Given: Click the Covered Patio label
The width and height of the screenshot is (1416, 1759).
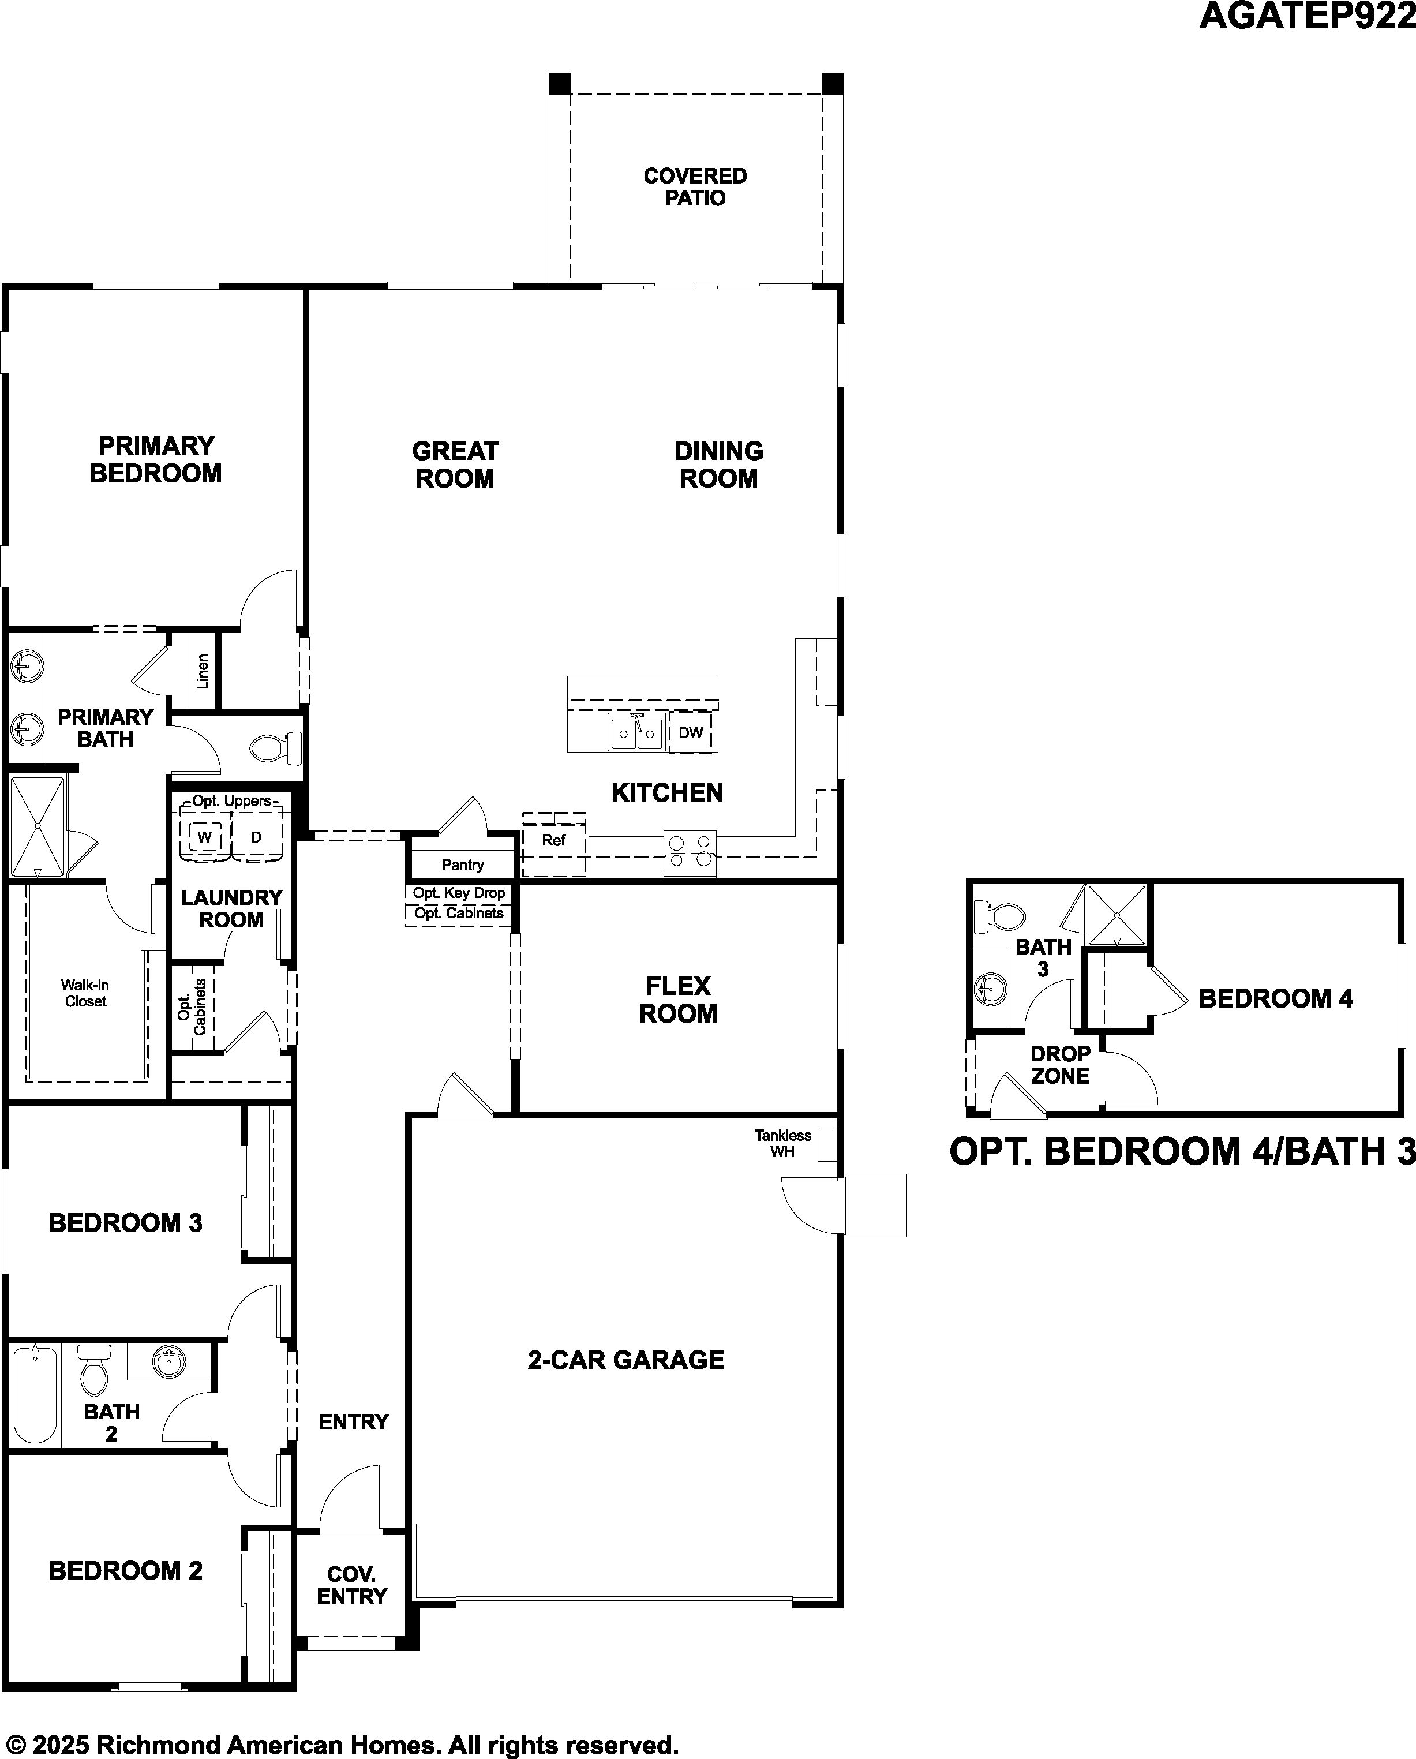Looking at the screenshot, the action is click(695, 187).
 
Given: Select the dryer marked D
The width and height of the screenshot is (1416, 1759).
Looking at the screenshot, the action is click(256, 836).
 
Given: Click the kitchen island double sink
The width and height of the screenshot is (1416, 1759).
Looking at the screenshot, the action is click(636, 732).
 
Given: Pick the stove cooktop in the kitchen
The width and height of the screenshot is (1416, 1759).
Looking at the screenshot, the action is click(690, 852).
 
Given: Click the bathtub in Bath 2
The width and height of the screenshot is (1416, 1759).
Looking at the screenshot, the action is click(35, 1394).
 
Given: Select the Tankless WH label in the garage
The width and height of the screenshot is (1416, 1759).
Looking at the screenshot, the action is click(782, 1143).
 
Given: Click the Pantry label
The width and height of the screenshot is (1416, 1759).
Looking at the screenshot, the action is click(463, 865).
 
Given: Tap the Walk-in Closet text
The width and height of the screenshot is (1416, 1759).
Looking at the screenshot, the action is click(85, 993).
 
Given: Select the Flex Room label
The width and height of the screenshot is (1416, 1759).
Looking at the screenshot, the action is click(678, 1000).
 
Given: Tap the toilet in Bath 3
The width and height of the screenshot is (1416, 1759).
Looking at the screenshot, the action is click(999, 916).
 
